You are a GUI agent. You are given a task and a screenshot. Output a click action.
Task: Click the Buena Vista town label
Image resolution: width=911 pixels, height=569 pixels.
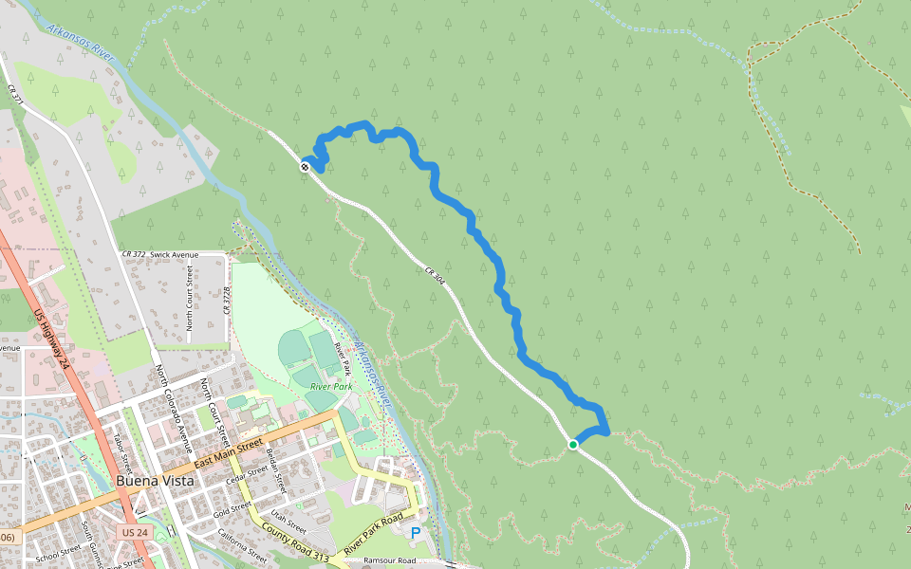point(155,481)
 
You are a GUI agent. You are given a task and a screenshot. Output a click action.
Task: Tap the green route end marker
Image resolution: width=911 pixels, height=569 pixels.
point(573,444)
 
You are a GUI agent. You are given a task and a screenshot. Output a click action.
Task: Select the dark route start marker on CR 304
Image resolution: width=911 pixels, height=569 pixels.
point(306,167)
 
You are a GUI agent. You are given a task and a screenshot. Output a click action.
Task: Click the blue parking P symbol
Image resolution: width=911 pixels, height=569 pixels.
point(415,533)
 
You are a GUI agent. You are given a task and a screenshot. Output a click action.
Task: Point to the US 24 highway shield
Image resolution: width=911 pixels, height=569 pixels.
point(132,534)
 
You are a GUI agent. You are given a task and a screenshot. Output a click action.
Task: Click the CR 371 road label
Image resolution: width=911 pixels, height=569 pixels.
point(14,93)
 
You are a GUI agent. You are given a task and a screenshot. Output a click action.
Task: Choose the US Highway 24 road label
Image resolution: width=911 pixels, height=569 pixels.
point(51,337)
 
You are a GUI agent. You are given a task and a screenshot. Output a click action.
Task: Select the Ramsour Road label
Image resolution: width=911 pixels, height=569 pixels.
point(389,561)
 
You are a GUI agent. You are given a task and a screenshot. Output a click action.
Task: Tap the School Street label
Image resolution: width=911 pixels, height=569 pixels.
point(58,554)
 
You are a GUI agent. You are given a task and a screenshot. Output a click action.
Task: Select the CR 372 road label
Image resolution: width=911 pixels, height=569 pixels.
point(134,255)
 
